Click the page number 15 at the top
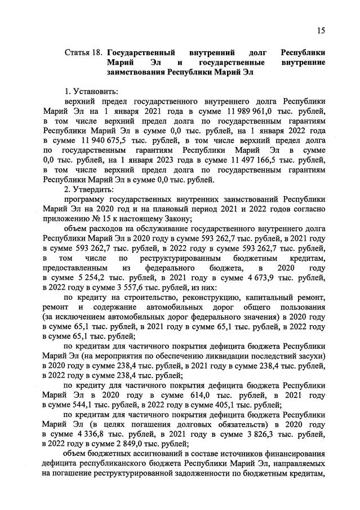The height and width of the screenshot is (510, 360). (321, 30)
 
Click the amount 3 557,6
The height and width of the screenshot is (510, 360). (134, 289)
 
